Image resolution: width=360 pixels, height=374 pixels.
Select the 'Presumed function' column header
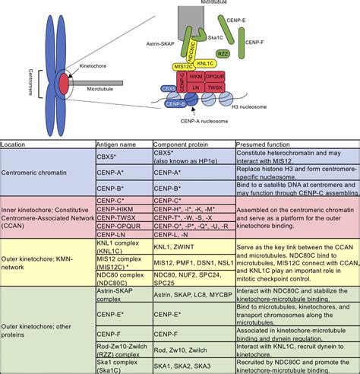[x=263, y=144]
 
